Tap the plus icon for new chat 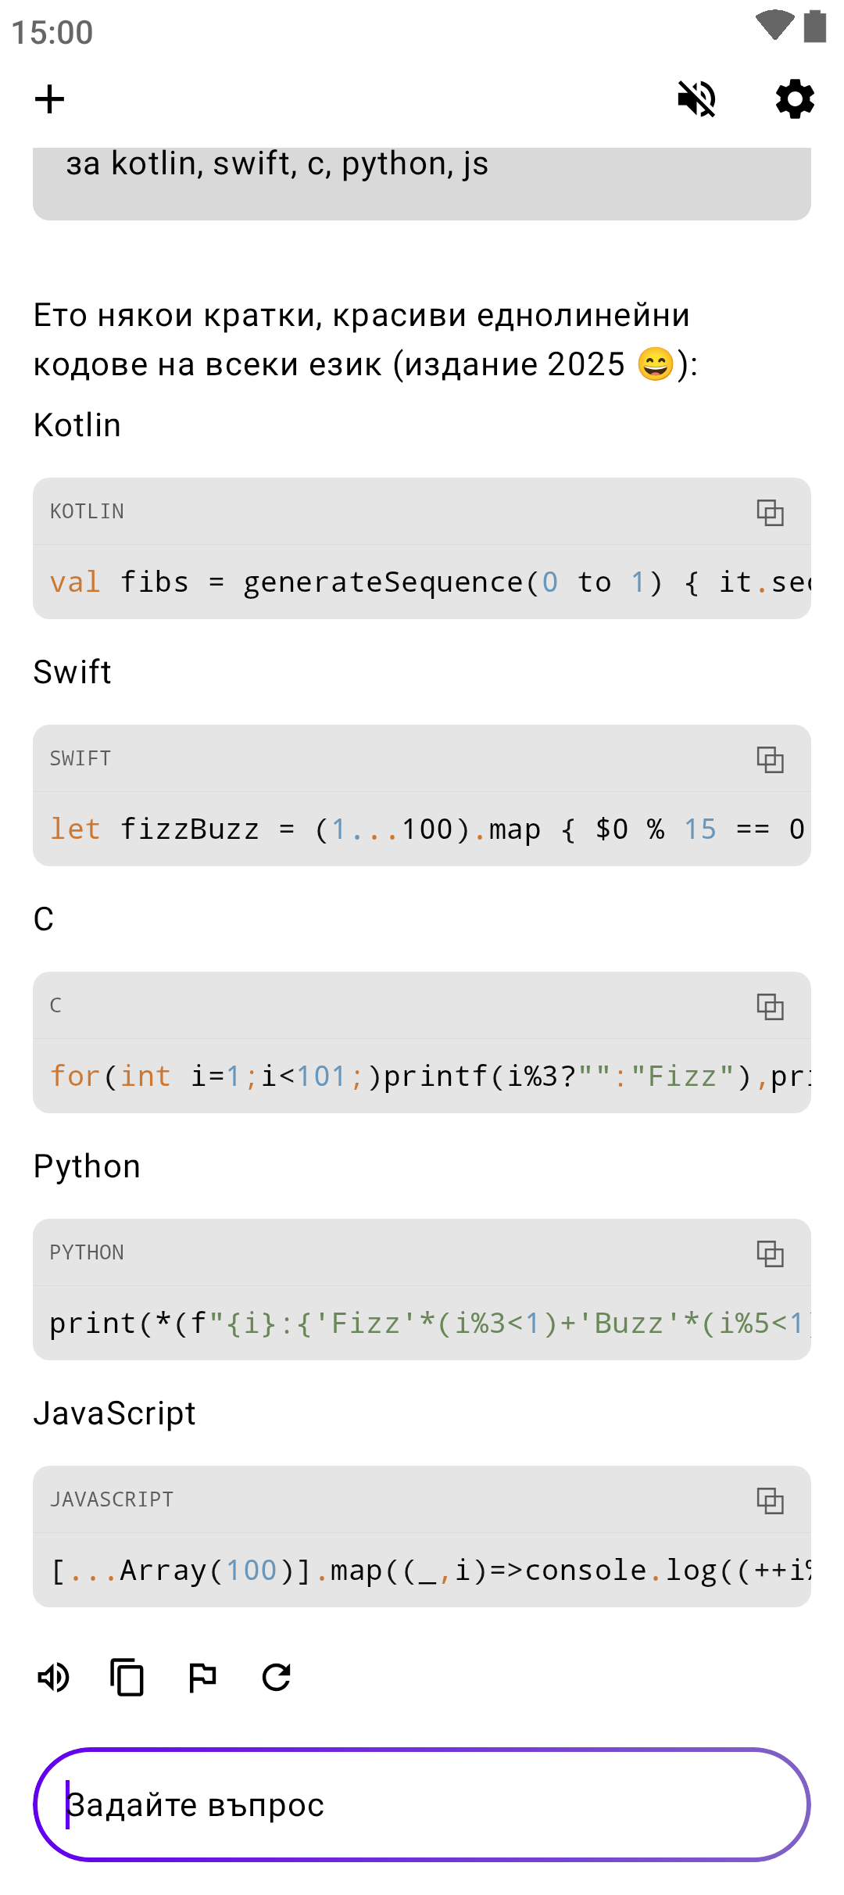pos(49,99)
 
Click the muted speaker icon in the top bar pos(696,99)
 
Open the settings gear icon pos(795,99)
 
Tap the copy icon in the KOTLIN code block pos(770,512)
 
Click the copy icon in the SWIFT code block pos(770,759)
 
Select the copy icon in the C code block pos(770,1006)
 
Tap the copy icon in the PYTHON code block pos(770,1253)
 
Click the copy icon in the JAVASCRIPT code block pos(770,1500)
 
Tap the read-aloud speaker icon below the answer pos(54,1677)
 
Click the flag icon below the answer pos(202,1677)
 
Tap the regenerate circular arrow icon pos(277,1677)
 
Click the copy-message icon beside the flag pos(127,1677)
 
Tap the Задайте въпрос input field pos(422,1804)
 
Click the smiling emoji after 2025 pos(655,364)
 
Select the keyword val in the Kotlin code pos(75,582)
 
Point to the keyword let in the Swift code pos(75,829)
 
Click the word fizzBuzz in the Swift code pos(189,829)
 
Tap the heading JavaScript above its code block pos(114,1413)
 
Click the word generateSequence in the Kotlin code pos(383,582)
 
